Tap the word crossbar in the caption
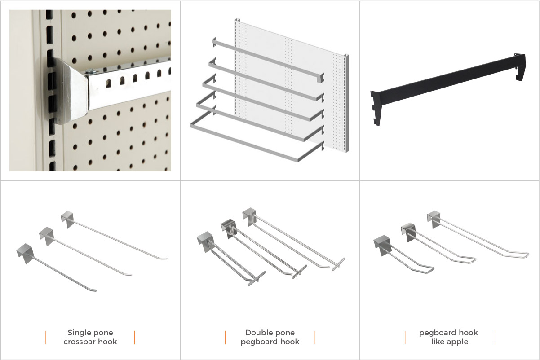pos(77,342)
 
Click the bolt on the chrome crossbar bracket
pos(90,71)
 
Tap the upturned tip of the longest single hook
pos(164,259)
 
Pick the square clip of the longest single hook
pos(67,220)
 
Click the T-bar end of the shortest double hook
pos(257,279)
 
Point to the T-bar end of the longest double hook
pos(338,264)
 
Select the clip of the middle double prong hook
pos(229,228)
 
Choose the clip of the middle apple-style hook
pos(409,232)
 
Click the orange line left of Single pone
pos(46,338)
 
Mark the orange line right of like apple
pos(494,338)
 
